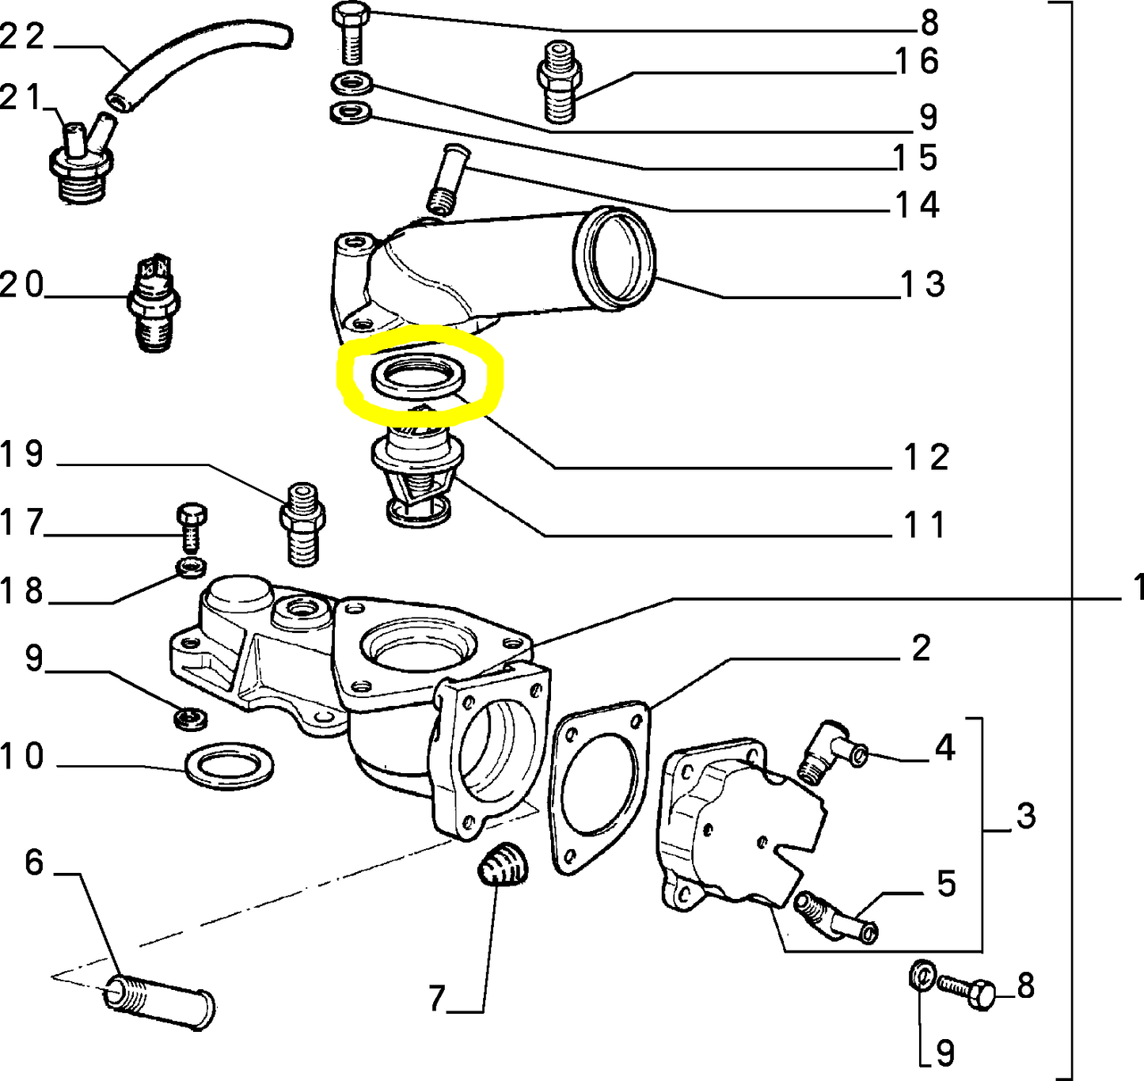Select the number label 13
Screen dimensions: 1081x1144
click(923, 284)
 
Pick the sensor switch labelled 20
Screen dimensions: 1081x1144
click(154, 305)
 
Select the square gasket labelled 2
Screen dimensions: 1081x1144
click(599, 787)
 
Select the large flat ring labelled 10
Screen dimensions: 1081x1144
click(230, 765)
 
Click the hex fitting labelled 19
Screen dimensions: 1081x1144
click(302, 523)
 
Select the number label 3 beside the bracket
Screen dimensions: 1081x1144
click(1025, 816)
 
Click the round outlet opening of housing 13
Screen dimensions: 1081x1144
click(615, 258)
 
